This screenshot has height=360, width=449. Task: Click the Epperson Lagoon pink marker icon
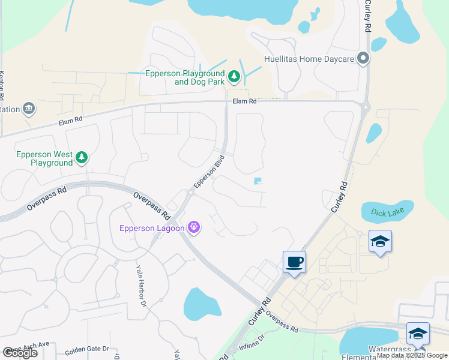pos(193,227)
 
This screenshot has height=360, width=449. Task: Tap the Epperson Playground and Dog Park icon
pos(234,77)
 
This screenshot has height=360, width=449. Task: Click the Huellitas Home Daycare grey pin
pos(363,59)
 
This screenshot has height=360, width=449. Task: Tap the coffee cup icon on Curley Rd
pos(294,262)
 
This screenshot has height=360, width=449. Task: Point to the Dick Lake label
pos(388,212)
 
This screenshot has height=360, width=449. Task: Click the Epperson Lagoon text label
pos(152,227)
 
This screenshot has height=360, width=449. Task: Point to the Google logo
pos(20,353)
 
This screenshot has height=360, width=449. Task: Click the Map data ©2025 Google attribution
pos(412,355)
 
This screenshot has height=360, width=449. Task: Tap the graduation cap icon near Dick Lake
pos(380,242)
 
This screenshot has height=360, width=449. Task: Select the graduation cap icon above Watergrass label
pos(418,334)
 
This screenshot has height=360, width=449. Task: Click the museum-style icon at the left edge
pos(28,109)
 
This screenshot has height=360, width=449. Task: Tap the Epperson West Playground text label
pos(44,158)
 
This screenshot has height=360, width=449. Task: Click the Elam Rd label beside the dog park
pos(244,101)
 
